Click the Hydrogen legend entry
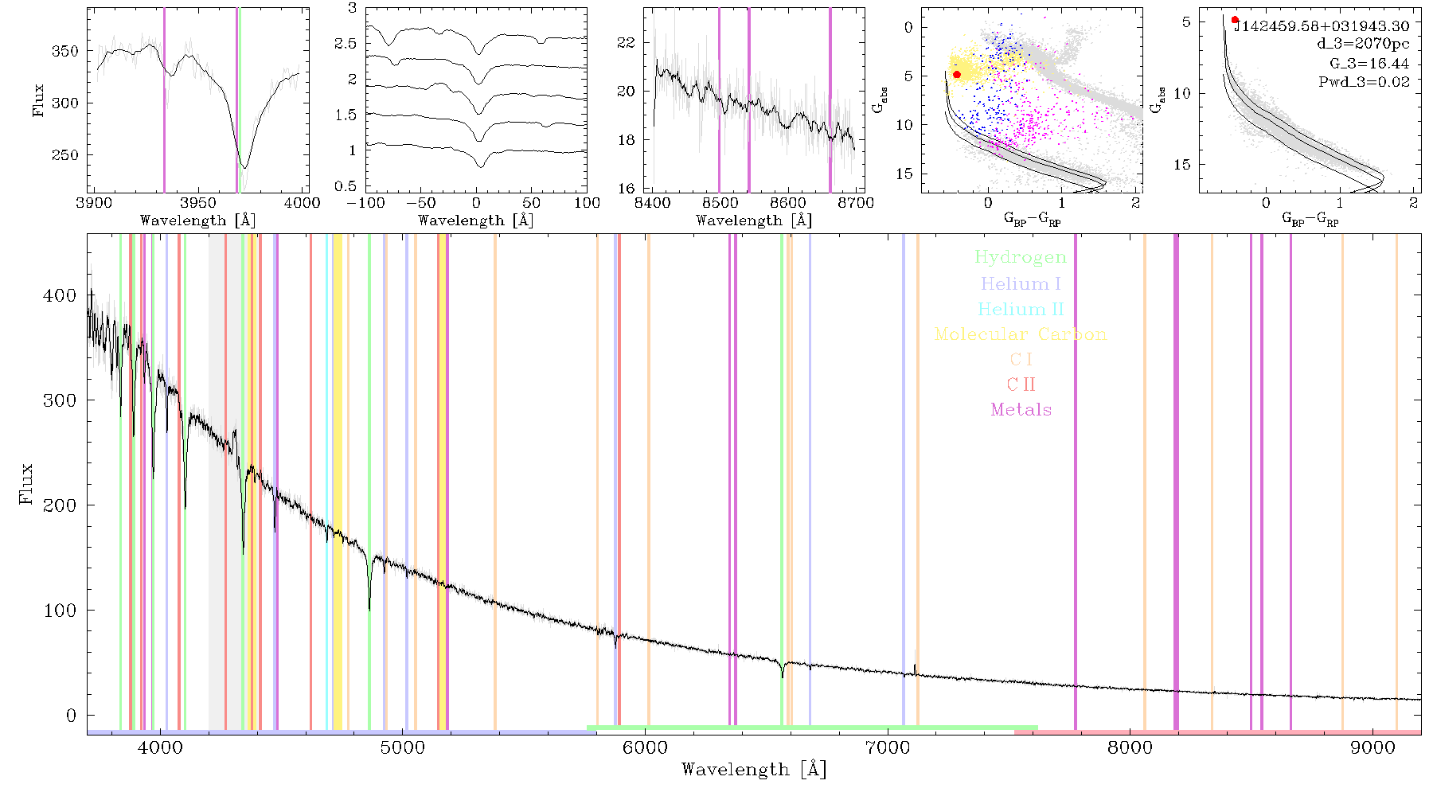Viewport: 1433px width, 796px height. tap(1021, 257)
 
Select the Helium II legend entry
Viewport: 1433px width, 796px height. tap(1021, 309)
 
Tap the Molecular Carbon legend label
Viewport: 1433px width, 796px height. tap(1021, 334)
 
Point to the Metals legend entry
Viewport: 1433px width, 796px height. tap(1021, 410)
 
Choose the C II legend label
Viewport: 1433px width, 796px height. tap(1021, 384)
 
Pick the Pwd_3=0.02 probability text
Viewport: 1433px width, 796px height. tap(1364, 81)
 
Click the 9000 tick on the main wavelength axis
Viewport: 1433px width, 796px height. tap(1372, 747)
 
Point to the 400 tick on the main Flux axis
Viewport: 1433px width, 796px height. tap(60, 295)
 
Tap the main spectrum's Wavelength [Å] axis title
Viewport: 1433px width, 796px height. tap(754, 770)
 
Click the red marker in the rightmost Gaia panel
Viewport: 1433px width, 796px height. tap(1235, 20)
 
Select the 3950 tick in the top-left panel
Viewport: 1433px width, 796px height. tap(197, 202)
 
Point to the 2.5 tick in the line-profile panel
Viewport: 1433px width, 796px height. tap(346, 43)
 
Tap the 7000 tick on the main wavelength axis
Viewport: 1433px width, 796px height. tap(887, 747)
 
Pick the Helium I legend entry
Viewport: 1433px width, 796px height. tap(1021, 283)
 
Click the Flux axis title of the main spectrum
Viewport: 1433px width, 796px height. tap(25, 483)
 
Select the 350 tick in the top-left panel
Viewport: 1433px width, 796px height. tap(66, 51)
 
